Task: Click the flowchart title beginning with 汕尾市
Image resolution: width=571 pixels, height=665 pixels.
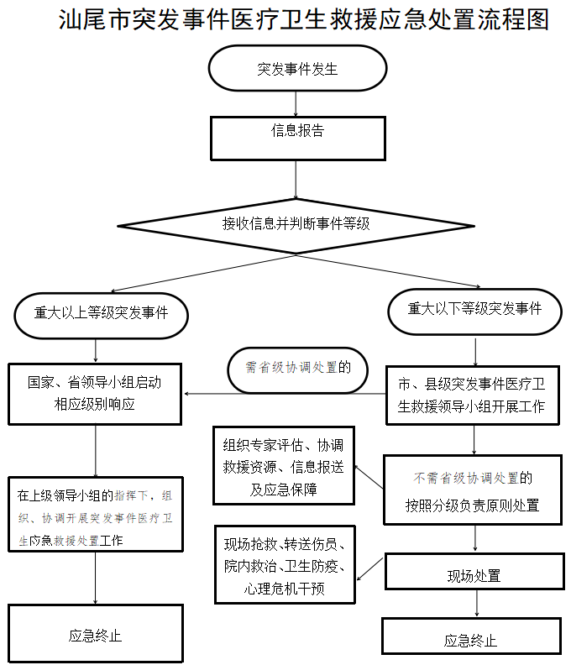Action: coord(304,20)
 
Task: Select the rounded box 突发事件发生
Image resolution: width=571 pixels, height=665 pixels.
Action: coord(297,68)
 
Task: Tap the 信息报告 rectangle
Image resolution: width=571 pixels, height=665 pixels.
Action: coord(297,137)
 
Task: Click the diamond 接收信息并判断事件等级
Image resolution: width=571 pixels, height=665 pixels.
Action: coord(296,224)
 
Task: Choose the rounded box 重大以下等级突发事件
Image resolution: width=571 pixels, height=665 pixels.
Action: coord(475,309)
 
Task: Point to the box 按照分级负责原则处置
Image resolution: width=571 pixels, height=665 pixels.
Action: coord(472,492)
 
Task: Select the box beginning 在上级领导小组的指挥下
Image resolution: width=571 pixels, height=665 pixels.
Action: coord(96,514)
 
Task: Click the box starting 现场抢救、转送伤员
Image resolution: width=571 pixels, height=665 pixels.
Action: coord(286,565)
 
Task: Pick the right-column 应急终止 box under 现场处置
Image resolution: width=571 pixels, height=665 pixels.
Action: coord(470,641)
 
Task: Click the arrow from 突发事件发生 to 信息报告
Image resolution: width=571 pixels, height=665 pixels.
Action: coord(296,103)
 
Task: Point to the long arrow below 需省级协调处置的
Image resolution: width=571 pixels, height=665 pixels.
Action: coord(285,393)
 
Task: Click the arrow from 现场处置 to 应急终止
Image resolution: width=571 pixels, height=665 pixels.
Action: coord(476,604)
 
